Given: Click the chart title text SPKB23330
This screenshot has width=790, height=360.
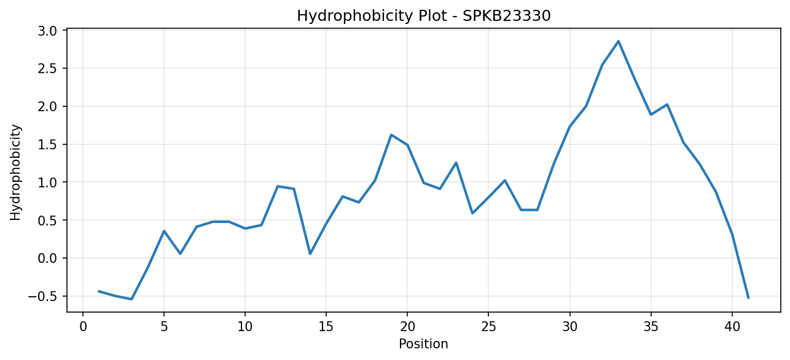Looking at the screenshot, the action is (506, 16).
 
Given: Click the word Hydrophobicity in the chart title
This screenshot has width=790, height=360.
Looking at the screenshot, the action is (354, 17).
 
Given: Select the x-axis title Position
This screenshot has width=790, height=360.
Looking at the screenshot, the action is (423, 344).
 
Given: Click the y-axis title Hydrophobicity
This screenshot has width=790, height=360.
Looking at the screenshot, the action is (15, 173).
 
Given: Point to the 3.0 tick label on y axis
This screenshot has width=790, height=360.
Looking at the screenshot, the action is (47, 31).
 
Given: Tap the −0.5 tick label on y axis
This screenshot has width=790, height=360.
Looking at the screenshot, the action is (42, 297).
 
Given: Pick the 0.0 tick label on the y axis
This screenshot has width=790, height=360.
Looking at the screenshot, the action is (47, 259).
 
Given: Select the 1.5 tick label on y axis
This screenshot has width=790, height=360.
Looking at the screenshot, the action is (47, 144).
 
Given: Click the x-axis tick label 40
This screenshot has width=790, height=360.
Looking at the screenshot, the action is (732, 327).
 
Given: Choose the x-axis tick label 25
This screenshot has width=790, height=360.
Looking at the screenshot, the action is (488, 327).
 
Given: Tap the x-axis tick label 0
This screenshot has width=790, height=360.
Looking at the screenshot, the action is (83, 327).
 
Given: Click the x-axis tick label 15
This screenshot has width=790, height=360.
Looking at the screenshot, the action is (326, 327).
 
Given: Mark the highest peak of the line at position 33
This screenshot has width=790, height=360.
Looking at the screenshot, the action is (618, 41).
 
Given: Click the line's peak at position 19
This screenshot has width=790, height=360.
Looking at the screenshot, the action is (391, 135).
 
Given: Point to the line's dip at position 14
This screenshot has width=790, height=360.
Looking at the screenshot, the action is (310, 254).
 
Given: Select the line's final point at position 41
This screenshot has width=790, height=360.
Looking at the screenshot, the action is (748, 298).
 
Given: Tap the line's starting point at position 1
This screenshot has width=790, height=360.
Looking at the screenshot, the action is (99, 291).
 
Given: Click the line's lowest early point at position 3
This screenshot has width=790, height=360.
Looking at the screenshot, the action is (131, 299).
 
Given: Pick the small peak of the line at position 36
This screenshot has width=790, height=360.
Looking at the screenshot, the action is (667, 104).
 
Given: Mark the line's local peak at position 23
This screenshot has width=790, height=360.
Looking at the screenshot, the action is (456, 163).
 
